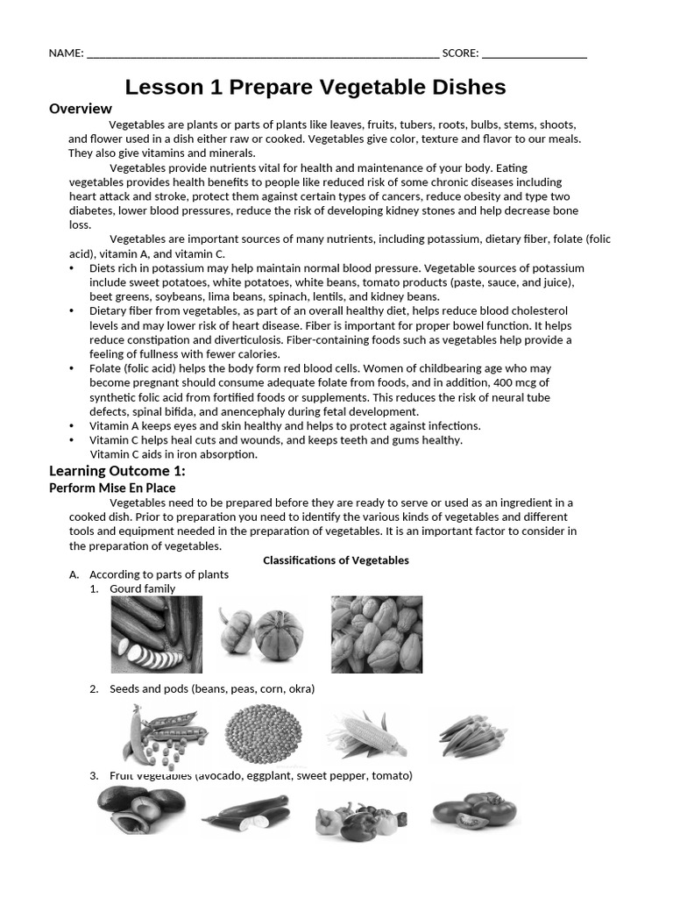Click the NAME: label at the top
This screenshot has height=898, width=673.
pos(66,53)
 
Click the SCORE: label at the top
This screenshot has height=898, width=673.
pos(460,53)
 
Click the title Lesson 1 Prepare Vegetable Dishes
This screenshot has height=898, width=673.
pos(315,87)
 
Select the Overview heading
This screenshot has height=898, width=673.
pos(81,109)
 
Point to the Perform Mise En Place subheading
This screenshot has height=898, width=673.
pos(112,488)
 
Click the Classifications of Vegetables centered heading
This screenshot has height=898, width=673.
pos(336,560)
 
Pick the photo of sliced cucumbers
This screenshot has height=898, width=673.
pos(156,634)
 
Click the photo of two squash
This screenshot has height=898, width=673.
pos(261,633)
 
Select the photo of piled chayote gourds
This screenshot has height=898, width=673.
pos(376,634)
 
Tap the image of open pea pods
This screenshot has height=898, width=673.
pos(164,731)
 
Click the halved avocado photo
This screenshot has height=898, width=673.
pos(140,809)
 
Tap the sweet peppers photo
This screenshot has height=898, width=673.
pos(358,819)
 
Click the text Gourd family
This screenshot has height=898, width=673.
pos(142,588)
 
